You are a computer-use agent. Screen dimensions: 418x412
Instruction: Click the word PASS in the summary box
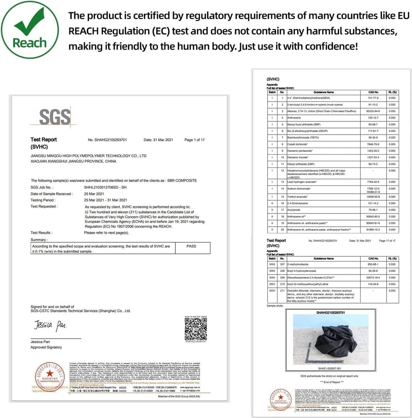(x=191, y=246)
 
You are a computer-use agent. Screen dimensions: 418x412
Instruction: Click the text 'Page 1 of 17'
(x=194, y=140)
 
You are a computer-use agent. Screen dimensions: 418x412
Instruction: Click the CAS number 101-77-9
(x=373, y=98)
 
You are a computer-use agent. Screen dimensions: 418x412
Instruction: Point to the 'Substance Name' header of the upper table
(x=324, y=92)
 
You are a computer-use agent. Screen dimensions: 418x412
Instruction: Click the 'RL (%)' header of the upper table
(x=392, y=92)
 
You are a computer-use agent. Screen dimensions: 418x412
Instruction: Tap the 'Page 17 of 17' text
(x=387, y=241)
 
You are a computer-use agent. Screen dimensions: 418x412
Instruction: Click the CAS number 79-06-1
(x=373, y=210)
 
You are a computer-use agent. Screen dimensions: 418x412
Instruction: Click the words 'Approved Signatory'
(x=46, y=347)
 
